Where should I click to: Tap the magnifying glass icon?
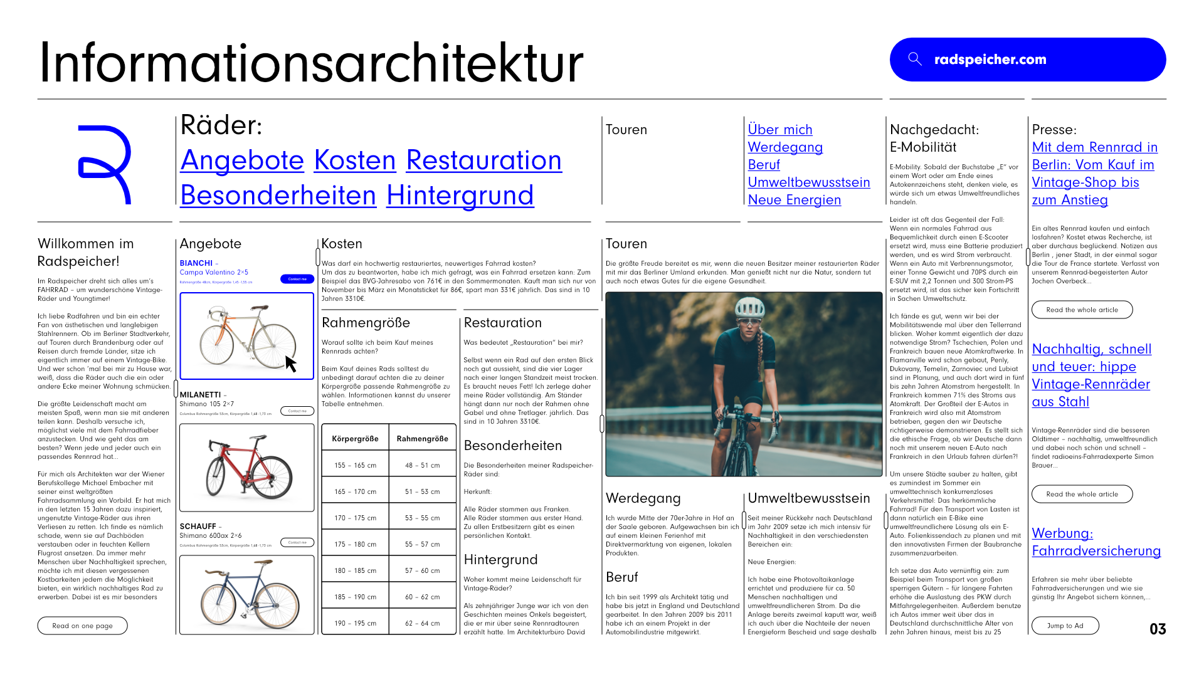(x=915, y=59)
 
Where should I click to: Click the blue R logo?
(x=104, y=164)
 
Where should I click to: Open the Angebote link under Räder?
(x=242, y=160)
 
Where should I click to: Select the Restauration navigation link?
(x=483, y=160)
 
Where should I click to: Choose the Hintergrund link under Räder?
(x=460, y=196)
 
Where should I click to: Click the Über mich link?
(x=779, y=130)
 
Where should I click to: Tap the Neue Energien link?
(x=794, y=200)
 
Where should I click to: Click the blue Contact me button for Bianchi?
(x=297, y=279)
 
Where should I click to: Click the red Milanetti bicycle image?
(x=246, y=467)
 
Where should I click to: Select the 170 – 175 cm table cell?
(x=355, y=518)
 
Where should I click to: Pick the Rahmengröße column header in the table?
(x=422, y=439)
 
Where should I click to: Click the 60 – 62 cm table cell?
(x=422, y=597)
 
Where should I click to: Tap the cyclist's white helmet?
(x=750, y=307)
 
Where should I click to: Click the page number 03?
(x=1158, y=629)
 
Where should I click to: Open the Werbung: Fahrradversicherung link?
(x=1096, y=542)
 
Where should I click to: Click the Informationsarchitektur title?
(x=311, y=63)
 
